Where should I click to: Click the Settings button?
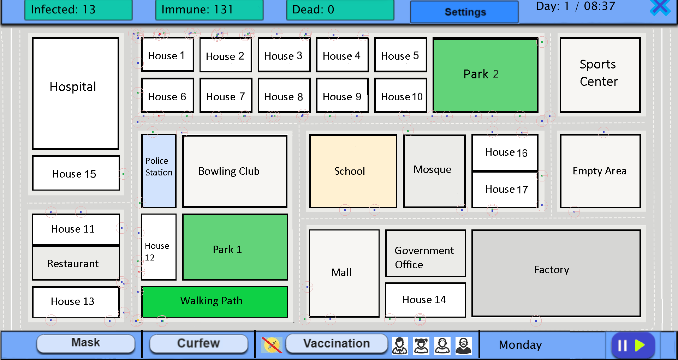[x=464, y=12]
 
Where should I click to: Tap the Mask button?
[x=86, y=343]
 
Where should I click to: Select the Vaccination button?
[x=336, y=343]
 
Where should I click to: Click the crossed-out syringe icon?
[x=272, y=345]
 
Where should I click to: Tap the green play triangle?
[x=640, y=345]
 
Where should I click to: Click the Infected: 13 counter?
[x=78, y=10]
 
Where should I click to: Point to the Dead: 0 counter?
[x=340, y=10]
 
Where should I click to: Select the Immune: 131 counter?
[x=209, y=10]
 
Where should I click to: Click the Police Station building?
[x=159, y=171]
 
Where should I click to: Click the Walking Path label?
[x=211, y=301]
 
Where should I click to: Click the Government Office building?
[x=425, y=253]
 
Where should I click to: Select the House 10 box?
[x=401, y=96]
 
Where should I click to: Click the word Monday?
[x=520, y=345]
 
